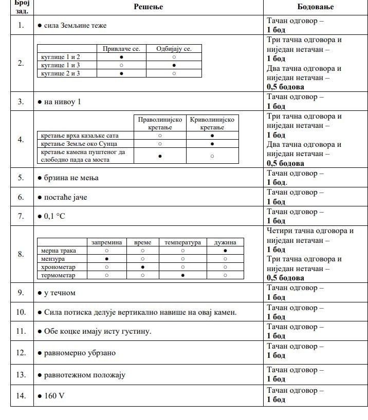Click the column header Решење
pos(148,7)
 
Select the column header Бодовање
pos(315,7)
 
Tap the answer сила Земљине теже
pos(75,25)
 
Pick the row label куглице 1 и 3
pos(61,65)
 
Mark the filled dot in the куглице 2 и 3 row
pos(121,73)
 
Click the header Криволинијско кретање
pos(212,123)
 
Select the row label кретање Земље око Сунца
pos(75,144)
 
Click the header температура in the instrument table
pos(182,242)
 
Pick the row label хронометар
pos(58,267)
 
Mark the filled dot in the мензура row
pos(106,259)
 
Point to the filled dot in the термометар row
pos(182,275)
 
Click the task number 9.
pos(21,293)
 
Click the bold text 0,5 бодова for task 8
pos(285,278)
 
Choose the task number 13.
pos(21,374)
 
